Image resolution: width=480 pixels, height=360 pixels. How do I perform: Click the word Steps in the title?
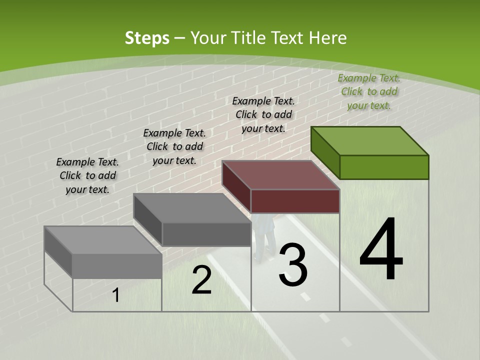[146, 38]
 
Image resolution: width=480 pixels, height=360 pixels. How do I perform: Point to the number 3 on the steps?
[293, 264]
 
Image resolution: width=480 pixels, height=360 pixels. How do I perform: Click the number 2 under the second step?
[201, 280]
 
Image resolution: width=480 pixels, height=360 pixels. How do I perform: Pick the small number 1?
[116, 295]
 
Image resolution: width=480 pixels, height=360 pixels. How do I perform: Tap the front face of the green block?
[384, 167]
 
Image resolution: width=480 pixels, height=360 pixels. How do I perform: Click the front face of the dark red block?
[295, 201]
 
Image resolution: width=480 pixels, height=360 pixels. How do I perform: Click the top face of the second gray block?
[192, 207]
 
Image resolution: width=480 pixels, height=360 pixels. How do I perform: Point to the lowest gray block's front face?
[117, 265]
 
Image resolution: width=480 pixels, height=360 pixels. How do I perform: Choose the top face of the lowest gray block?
[103, 240]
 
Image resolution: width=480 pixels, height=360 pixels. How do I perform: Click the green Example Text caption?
[369, 91]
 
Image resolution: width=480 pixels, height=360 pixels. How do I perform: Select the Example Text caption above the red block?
[263, 114]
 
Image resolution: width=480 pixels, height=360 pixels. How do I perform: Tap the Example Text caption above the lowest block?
[87, 175]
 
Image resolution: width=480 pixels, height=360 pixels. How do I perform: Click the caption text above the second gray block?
[174, 146]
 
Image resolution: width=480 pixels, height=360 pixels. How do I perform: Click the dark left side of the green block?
[325, 150]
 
